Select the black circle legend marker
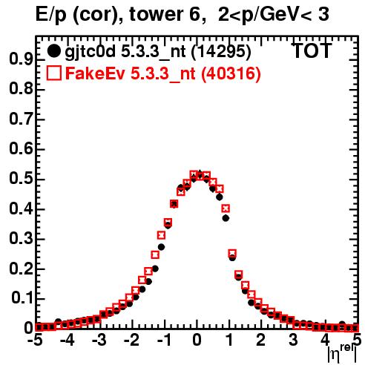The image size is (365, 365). pos(53,51)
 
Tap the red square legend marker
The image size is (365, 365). pos(53,73)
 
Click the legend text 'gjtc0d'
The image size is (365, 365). pos(90,52)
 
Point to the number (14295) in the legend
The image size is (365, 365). pos(221,51)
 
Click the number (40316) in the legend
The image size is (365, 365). pos(231,73)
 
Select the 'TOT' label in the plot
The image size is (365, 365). pos(312,51)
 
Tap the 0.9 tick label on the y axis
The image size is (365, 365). pos(21,59)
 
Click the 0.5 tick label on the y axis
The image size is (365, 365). pos(21,179)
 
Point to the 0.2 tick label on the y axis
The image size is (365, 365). pos(21,269)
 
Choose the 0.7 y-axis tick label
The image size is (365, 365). pos(21,119)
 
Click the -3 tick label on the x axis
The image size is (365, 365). pos(99,341)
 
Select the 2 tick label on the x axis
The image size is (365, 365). pos(261,341)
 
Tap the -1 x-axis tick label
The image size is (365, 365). pos(164,341)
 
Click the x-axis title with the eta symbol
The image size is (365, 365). pos(342,353)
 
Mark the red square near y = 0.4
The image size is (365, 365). pos(226,208)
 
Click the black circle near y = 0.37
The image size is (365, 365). pos(226,218)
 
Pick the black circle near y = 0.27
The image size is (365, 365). pos(161,247)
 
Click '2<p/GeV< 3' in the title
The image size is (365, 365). pos(274,14)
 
